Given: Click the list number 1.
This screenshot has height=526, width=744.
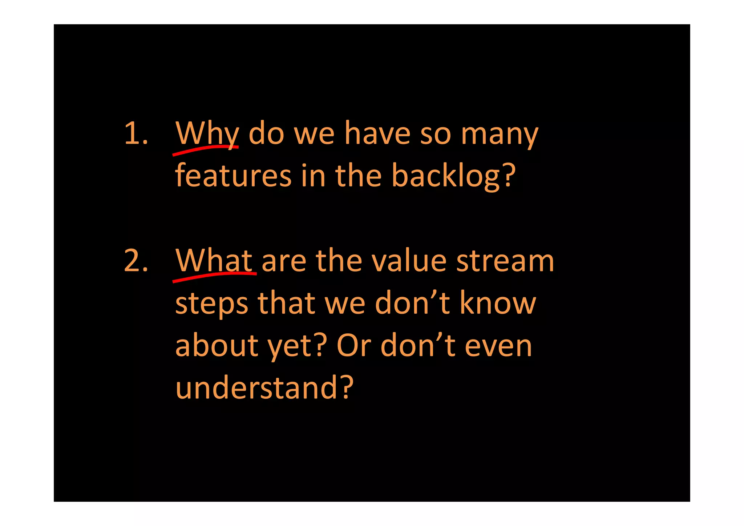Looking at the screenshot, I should click(x=136, y=134).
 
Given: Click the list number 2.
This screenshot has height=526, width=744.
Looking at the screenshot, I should click(x=136, y=261).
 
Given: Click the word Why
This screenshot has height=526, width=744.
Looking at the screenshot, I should click(x=207, y=134).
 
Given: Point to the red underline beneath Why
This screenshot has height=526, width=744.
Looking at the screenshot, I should click(x=205, y=149).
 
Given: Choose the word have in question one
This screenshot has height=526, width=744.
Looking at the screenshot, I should click(x=377, y=134).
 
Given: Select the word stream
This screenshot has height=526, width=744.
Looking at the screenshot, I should click(x=505, y=261).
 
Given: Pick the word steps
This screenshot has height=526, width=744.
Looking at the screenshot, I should click(x=212, y=304).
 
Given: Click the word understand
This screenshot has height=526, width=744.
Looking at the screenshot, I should click(x=256, y=388).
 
